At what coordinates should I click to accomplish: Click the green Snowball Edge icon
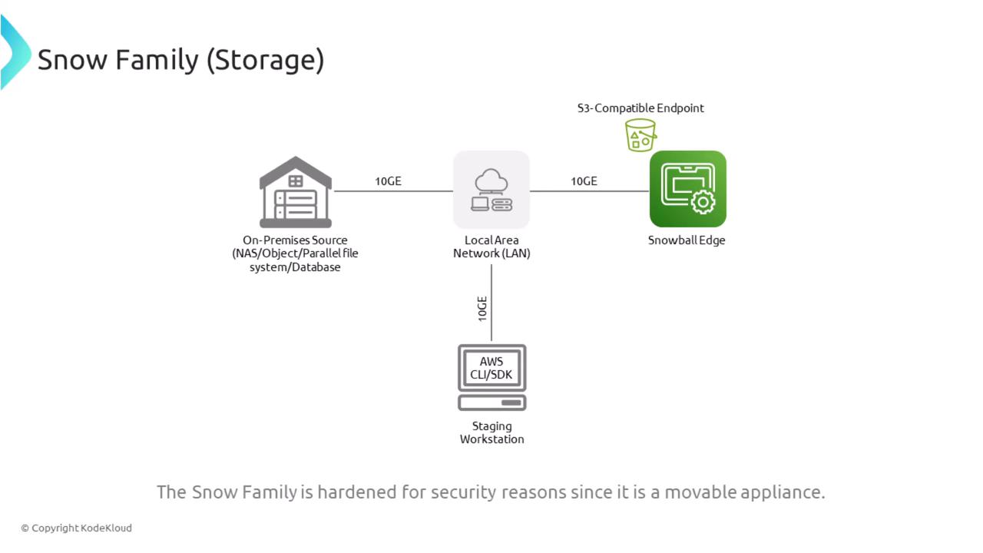[687, 189]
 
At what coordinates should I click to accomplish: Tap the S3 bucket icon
[640, 135]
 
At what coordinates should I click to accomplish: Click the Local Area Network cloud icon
[491, 190]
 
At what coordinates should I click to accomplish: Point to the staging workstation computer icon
[491, 377]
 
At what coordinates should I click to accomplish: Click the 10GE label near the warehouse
[388, 181]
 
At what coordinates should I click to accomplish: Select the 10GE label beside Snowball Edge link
[584, 181]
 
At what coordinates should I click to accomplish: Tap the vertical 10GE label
[482, 307]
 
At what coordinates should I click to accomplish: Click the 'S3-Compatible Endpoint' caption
[640, 108]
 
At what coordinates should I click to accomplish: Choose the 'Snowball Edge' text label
[687, 240]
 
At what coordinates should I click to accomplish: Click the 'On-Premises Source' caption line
[295, 240]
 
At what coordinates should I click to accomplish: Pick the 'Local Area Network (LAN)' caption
[491, 247]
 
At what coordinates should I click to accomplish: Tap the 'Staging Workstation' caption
[491, 432]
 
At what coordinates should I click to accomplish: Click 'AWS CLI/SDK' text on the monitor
[491, 368]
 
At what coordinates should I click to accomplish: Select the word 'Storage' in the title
[265, 59]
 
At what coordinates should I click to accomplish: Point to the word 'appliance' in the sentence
[781, 492]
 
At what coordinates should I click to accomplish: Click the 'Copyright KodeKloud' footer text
[77, 528]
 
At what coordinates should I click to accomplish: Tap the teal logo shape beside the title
[15, 52]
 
